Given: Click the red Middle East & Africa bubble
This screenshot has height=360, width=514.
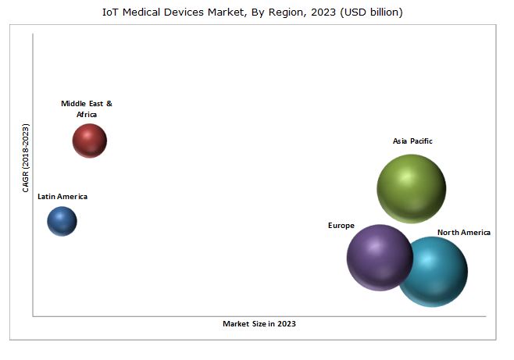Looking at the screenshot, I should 89,141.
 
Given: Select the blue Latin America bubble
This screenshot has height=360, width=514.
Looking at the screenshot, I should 62,221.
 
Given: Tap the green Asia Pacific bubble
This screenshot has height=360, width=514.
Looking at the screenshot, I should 411,188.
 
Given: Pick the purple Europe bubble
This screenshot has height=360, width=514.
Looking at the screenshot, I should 379,257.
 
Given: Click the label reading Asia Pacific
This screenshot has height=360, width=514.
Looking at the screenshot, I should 412,141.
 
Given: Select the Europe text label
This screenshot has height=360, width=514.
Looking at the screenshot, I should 341,226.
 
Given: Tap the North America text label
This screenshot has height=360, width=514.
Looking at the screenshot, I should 464,233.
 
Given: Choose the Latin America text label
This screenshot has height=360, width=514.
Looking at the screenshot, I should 62,197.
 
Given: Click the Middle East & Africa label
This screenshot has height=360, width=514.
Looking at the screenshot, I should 87,109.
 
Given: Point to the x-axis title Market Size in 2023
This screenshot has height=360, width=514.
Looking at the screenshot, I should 259,323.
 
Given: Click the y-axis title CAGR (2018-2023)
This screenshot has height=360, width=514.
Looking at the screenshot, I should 26,158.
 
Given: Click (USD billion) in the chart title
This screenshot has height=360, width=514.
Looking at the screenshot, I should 374,12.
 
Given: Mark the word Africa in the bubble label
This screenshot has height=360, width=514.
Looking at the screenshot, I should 87,115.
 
